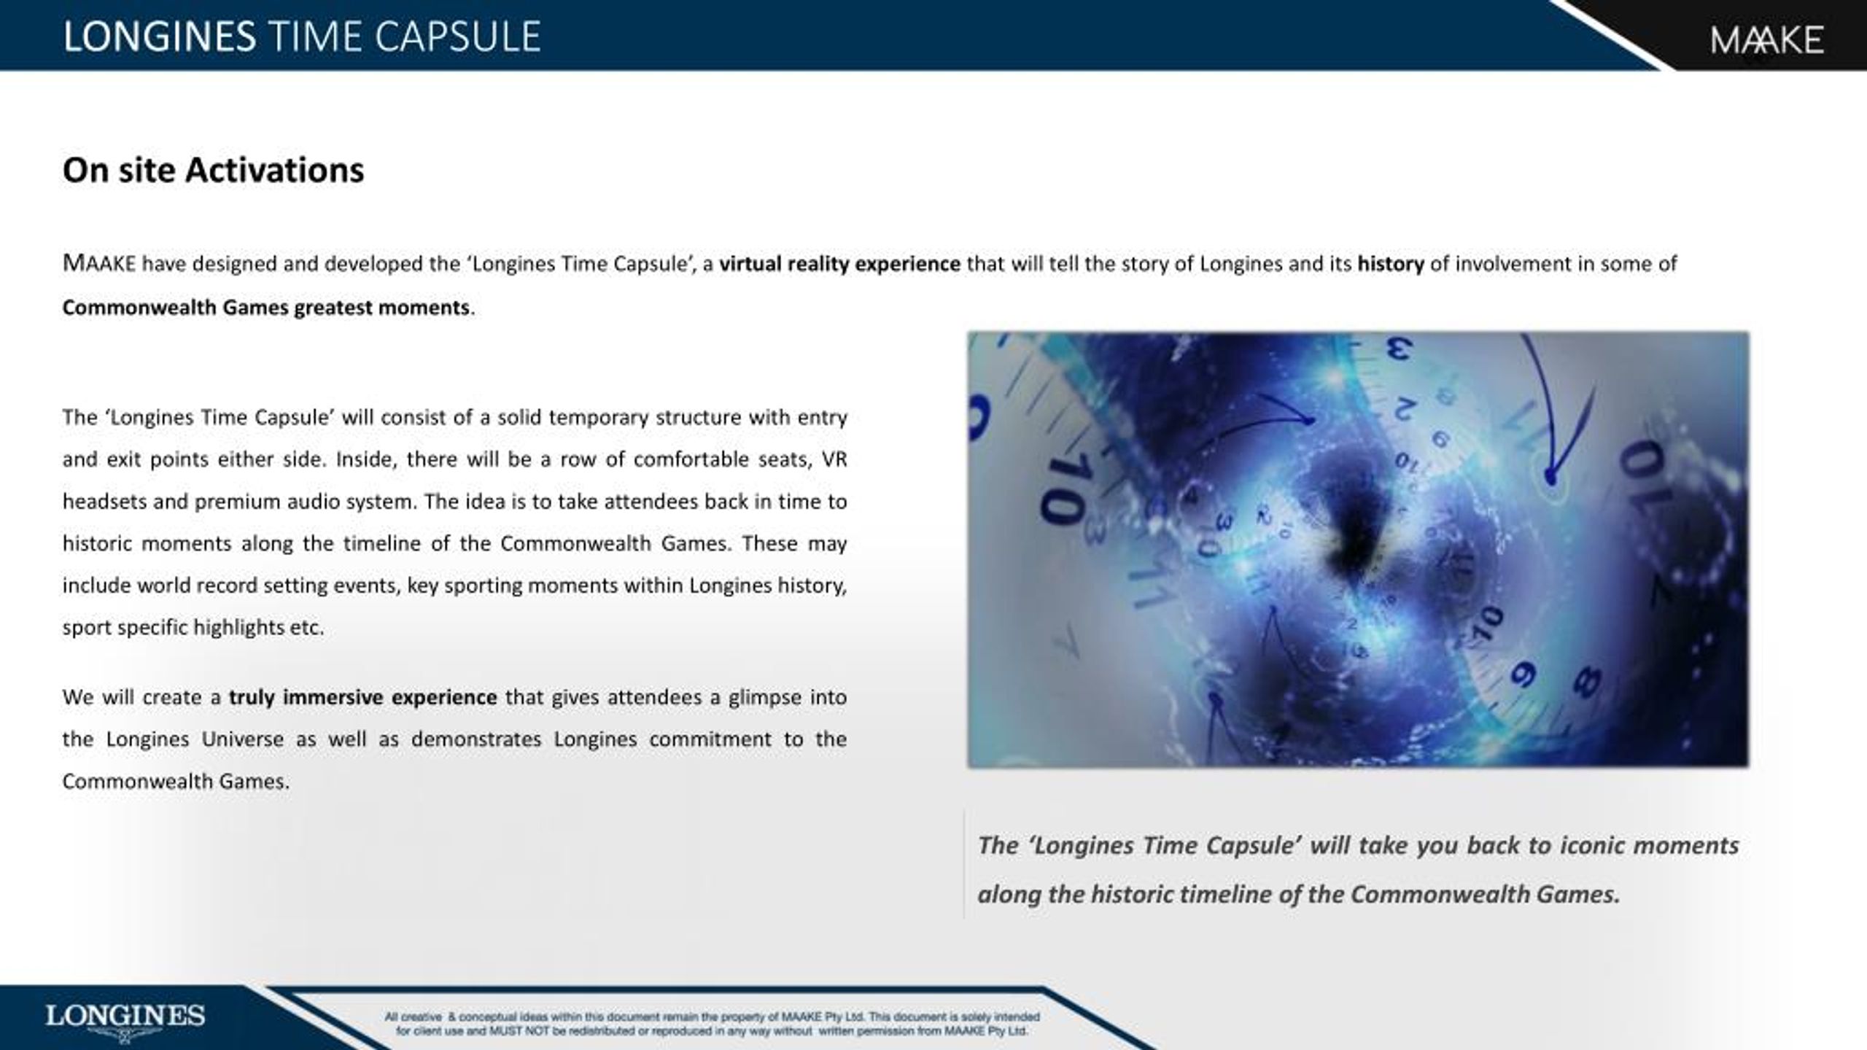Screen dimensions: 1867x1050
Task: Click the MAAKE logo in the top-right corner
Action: pos(1766,39)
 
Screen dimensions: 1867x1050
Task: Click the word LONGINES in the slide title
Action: pos(160,37)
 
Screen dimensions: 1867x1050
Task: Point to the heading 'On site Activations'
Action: pos(213,170)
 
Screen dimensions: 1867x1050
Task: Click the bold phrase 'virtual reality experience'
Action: pos(839,264)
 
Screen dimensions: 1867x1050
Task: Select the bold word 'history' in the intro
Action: pos(1390,264)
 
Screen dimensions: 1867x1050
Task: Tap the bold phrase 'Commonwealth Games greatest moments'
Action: pos(266,308)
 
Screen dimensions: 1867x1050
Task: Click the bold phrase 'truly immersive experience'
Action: pos(362,698)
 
